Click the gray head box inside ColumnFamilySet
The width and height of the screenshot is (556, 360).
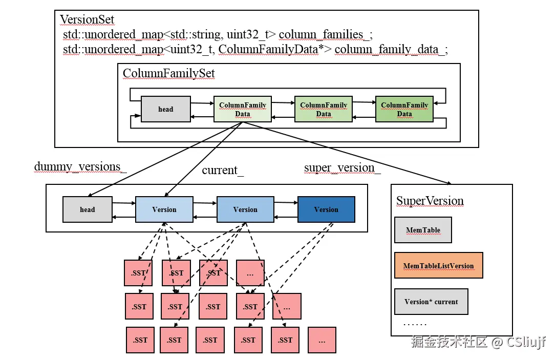coord(165,109)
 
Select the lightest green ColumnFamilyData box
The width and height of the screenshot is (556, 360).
coord(243,109)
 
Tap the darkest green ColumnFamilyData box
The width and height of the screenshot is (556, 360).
coord(404,109)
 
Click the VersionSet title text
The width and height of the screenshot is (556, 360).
coord(87,19)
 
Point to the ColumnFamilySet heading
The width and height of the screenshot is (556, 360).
coord(169,73)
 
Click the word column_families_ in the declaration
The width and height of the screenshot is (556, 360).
coord(326,34)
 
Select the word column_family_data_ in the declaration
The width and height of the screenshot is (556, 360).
coord(391,49)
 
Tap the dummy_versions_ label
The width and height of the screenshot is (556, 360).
coord(80,166)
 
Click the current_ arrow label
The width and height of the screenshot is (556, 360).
coord(223,170)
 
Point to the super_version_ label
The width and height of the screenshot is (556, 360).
coord(342,168)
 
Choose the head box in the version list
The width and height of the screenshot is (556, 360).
coord(87,209)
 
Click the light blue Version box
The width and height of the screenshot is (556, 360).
coord(164,209)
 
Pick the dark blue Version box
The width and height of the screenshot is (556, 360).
coord(326,209)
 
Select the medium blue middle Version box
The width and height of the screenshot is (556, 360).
coord(245,209)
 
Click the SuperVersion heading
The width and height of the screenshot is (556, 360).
coord(430,201)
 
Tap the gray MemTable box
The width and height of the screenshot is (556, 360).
coord(423,230)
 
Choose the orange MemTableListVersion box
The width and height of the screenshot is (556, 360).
coord(439,265)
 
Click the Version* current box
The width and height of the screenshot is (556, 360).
coord(431,302)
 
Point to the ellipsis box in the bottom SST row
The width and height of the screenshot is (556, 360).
coord(322,340)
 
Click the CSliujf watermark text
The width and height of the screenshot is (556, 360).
coord(526,342)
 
